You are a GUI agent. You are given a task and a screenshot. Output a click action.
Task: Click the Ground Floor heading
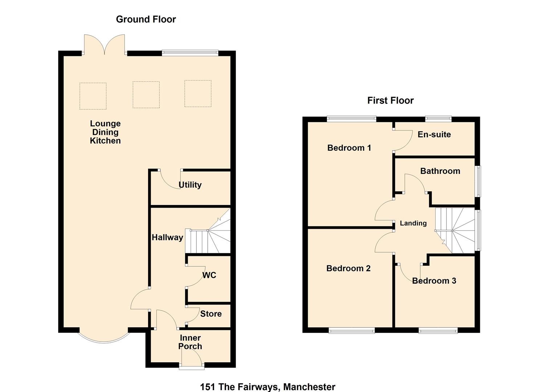pos(146,19)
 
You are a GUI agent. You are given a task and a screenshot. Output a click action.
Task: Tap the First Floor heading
pos(390,101)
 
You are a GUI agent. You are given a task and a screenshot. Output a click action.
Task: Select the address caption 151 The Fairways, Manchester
pos(268,387)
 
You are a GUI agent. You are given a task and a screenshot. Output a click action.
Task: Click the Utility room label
pos(190,185)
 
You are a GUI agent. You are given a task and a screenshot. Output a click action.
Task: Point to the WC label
pos(209,275)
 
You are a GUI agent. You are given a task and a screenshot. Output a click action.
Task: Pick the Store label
pos(211,314)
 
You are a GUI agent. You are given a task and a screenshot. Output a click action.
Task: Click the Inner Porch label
pos(190,342)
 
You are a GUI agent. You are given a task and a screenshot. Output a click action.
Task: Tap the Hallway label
pos(167,237)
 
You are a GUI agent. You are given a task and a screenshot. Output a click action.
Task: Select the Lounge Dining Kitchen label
pos(105,132)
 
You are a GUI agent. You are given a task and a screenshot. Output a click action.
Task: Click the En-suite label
pos(434,135)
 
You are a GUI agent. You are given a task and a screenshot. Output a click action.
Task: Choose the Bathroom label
pos(440,171)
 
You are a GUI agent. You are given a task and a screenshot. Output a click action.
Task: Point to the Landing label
pos(413,223)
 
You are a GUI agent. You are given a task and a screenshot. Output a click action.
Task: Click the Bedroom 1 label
pos(349,148)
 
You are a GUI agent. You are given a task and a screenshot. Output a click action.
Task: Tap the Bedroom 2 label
pos(348,268)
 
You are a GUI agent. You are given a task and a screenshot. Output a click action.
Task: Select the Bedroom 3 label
pos(434,281)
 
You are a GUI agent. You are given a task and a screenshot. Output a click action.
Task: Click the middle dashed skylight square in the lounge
pos(146,94)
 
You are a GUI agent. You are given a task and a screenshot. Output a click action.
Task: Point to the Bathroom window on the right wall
pos(478,181)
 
